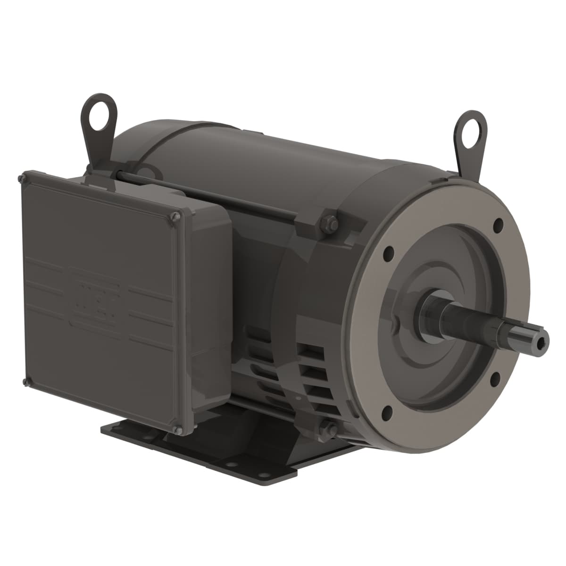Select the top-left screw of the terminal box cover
(21, 178)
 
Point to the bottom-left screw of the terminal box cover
(24, 381)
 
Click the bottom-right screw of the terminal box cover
(178, 429)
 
